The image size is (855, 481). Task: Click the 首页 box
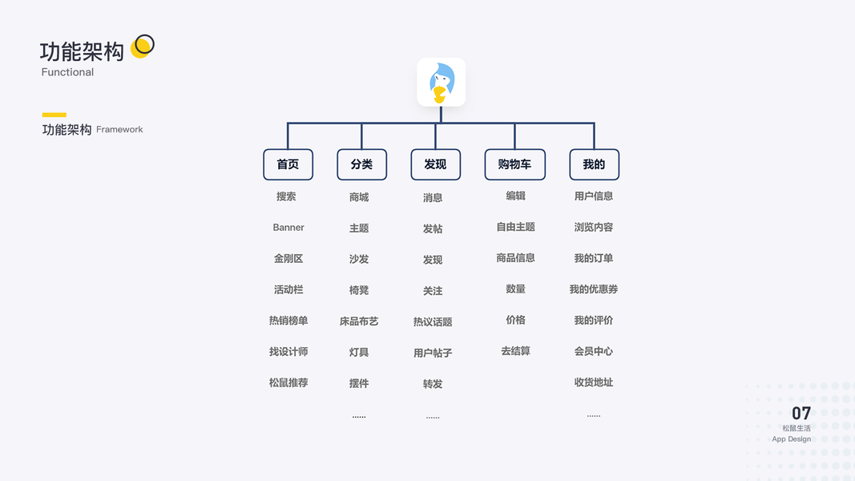[288, 164]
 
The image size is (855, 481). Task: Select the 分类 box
[361, 164]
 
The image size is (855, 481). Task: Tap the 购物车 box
[514, 164]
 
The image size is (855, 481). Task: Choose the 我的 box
[594, 164]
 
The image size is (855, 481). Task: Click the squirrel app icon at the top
[441, 82]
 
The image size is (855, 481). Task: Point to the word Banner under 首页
[288, 228]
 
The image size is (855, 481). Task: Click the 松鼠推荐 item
[288, 383]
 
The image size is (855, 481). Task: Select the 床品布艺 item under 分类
[359, 321]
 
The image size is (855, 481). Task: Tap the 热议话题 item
[433, 322]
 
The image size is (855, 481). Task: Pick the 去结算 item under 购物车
[515, 351]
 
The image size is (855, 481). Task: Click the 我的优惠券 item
[594, 289]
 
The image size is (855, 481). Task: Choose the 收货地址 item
[594, 382]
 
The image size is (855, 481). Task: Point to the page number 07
[801, 414]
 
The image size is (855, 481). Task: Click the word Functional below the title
[67, 72]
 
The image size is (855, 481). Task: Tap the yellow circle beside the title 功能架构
[142, 46]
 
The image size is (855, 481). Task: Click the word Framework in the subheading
[119, 130]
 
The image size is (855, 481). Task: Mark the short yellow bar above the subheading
[54, 115]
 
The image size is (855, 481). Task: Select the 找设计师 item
[288, 352]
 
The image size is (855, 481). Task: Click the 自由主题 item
[515, 227]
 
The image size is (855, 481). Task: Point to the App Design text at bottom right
[792, 439]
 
